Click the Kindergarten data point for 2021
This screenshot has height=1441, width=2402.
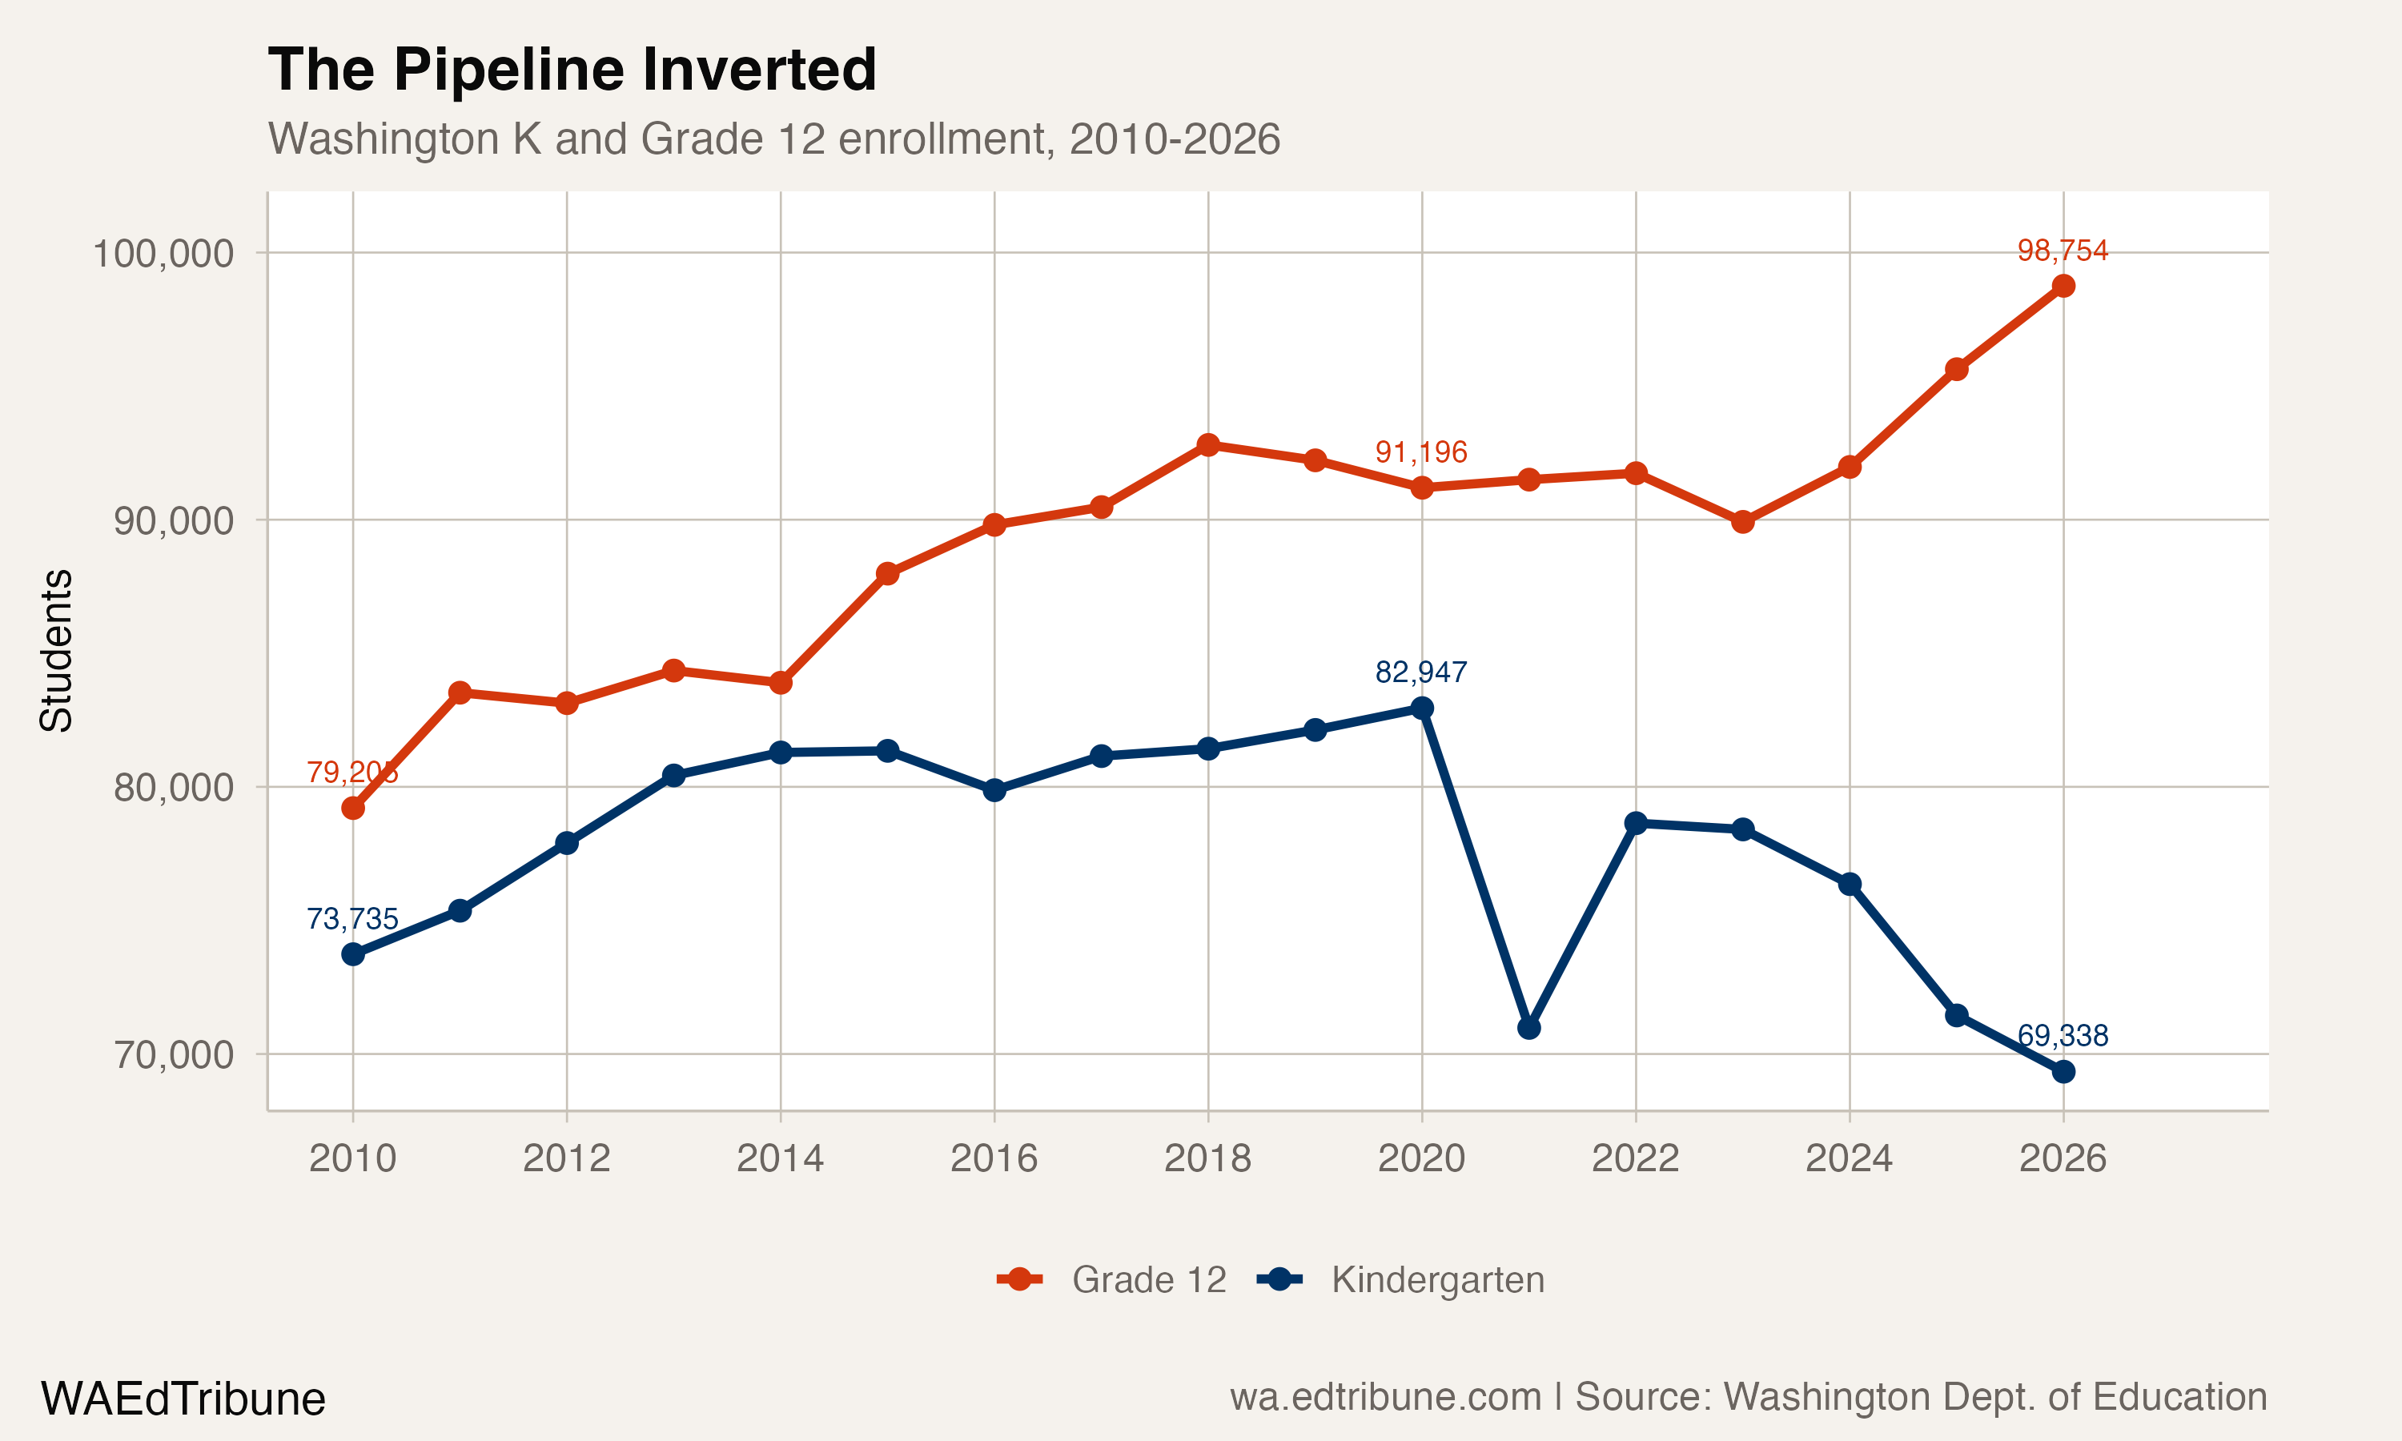1528,1027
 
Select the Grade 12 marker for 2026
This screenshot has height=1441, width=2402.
2063,286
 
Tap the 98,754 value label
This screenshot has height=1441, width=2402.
2063,251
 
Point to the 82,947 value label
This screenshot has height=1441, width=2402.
1420,672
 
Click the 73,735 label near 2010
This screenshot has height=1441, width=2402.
351,918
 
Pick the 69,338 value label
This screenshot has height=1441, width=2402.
2063,1035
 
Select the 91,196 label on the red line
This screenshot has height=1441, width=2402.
1420,452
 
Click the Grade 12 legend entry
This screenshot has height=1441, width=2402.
1111,1280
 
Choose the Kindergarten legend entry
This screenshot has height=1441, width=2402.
1401,1280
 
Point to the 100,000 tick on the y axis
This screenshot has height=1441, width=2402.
163,254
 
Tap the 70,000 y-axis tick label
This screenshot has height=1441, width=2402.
174,1054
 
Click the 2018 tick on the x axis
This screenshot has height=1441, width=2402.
1207,1158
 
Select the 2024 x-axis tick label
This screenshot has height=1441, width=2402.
1849,1158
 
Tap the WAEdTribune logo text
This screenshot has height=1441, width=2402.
183,1399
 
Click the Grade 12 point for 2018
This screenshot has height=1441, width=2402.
1207,445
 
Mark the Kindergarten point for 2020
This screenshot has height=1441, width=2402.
1421,708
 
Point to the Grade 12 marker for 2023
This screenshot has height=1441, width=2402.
1743,521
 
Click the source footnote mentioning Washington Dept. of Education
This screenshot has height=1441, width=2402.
1748,1396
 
